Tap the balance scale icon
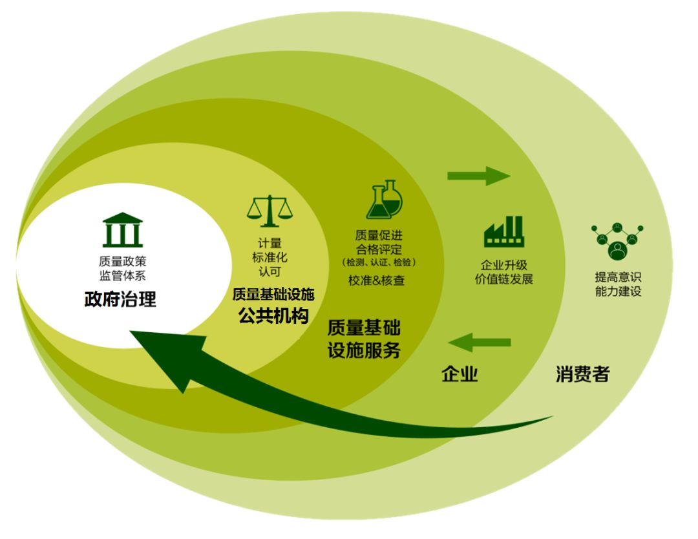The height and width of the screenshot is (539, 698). pyautogui.click(x=270, y=211)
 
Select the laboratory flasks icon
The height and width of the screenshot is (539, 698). pyautogui.click(x=384, y=200)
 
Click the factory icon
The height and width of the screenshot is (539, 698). pyautogui.click(x=504, y=231)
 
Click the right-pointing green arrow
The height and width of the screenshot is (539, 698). pyautogui.click(x=478, y=176)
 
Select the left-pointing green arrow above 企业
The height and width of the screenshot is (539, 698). pyautogui.click(x=480, y=343)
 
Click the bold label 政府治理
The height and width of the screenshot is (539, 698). pyautogui.click(x=120, y=299)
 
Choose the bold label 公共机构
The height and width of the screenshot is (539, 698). pyautogui.click(x=273, y=315)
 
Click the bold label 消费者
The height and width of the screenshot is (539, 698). pyautogui.click(x=583, y=374)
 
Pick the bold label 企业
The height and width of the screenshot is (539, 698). pyautogui.click(x=460, y=374)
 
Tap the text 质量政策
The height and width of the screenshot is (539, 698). pyautogui.click(x=122, y=261)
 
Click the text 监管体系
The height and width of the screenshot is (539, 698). pyautogui.click(x=122, y=275)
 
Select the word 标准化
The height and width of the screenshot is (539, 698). pyautogui.click(x=270, y=257)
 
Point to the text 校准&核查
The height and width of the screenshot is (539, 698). pyautogui.click(x=377, y=280)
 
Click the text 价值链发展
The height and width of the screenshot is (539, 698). pyautogui.click(x=504, y=279)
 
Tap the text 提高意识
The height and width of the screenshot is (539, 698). pyautogui.click(x=619, y=277)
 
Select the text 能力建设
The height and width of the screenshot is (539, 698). pyautogui.click(x=619, y=291)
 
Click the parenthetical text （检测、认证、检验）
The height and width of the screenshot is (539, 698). pyautogui.click(x=379, y=262)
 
